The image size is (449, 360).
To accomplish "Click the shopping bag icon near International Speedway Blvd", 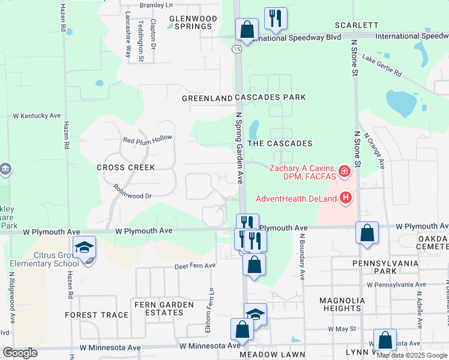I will tap(247, 29).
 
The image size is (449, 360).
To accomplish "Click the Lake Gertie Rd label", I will tap(382, 65).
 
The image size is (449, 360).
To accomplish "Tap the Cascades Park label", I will tap(270, 97).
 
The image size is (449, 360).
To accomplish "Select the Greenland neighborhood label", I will tap(207, 98).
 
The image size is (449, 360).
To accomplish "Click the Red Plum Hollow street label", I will tap(147, 139).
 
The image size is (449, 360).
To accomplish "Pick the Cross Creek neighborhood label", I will tap(126, 167).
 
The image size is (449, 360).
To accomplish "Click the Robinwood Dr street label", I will tap(133, 191).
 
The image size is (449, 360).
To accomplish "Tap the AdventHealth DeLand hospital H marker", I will tap(346, 197).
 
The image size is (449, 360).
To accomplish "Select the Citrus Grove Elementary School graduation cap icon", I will tap(84, 247).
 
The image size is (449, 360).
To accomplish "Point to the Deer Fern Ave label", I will tap(194, 266).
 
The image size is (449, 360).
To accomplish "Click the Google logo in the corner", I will tap(20, 353).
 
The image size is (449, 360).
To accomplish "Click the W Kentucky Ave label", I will tap(37, 115).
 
